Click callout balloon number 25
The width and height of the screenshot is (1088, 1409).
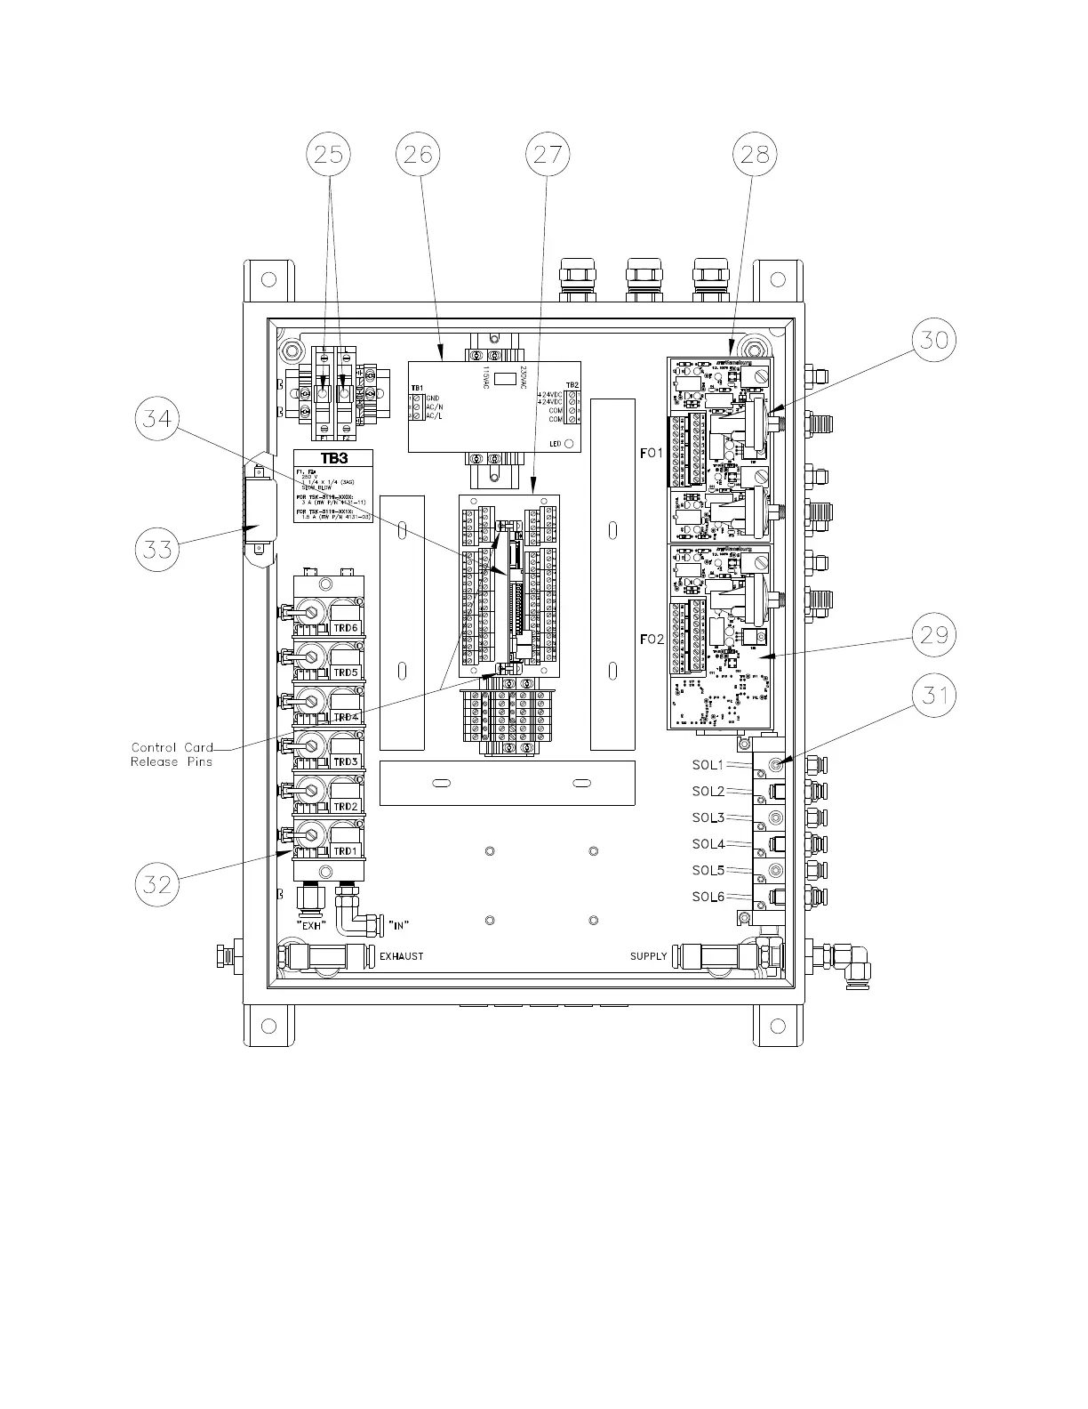pos(329,155)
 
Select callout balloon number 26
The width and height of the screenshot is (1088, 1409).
pos(417,155)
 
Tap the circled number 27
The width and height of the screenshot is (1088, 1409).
pos(548,155)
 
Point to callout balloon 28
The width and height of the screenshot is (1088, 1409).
pos(755,155)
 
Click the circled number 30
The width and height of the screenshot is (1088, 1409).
pos(934,340)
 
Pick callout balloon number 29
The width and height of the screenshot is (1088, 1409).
pos(934,635)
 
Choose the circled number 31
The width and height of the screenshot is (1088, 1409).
pos(934,696)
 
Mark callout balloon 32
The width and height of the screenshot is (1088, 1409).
pos(157,884)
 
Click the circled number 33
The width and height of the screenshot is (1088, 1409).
pos(157,549)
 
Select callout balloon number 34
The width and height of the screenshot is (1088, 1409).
pos(157,418)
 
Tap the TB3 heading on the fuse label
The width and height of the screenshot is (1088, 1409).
pos(334,459)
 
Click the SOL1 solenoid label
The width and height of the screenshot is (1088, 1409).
pos(708,765)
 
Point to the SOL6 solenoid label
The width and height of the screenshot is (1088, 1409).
pos(708,897)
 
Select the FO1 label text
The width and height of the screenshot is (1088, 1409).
pos(652,454)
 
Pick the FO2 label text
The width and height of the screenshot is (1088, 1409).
pos(652,640)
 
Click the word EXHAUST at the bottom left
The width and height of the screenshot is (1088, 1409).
pos(402,956)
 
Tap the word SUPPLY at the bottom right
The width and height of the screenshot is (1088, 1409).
pos(648,956)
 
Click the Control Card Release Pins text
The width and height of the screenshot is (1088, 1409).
pos(172,754)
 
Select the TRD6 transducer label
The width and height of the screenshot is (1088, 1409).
pos(346,628)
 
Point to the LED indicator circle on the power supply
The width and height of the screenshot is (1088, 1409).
pos(569,443)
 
